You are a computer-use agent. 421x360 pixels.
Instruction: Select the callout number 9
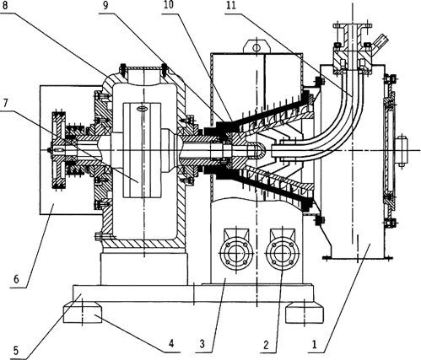105,6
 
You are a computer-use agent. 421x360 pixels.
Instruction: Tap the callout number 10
169,4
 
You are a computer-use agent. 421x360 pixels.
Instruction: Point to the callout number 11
230,6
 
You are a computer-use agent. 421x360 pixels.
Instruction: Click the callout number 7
5,104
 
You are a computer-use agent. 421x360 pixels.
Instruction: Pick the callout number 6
16,280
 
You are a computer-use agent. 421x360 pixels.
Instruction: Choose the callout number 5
16,351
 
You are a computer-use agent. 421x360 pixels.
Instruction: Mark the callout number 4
171,343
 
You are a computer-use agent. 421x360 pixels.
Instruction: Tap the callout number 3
202,344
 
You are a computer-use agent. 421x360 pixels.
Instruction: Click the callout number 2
266,345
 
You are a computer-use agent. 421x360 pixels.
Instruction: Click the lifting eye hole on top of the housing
256,48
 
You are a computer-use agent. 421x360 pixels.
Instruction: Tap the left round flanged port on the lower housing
236,254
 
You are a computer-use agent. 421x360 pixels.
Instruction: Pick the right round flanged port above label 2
282,254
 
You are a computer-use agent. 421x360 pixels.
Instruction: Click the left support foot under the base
82,313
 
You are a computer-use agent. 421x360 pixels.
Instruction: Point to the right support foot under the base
305,313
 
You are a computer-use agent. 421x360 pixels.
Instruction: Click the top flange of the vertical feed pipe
353,26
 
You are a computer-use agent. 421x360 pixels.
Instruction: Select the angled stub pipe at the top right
380,40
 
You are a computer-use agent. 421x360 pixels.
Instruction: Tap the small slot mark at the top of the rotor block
143,108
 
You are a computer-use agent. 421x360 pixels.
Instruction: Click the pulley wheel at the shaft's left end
58,150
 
